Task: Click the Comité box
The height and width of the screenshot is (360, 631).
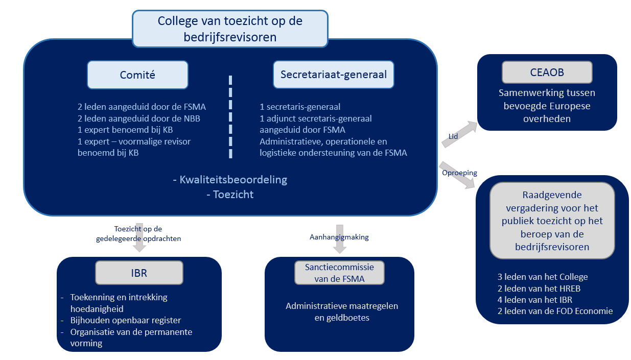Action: [137, 75]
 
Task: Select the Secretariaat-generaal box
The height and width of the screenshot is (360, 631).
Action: [334, 75]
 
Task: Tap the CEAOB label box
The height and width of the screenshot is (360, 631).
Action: [547, 73]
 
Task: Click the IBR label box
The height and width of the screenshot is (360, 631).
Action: [139, 273]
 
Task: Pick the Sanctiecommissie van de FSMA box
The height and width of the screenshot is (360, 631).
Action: [339, 273]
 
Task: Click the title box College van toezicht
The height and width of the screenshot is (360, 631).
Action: [230, 29]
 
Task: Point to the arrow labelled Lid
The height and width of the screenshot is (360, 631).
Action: [459, 134]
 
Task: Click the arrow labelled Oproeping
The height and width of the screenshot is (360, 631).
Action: [457, 175]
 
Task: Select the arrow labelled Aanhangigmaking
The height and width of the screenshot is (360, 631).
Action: [340, 239]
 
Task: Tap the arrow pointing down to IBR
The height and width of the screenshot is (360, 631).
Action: [139, 237]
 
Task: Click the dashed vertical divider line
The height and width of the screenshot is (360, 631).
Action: [230, 117]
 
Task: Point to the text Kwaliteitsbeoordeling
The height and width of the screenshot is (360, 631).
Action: [233, 180]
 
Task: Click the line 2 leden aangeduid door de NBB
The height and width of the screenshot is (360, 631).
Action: [139, 118]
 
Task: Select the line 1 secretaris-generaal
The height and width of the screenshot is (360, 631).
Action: [300, 107]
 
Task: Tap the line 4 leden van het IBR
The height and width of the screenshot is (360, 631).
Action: [535, 300]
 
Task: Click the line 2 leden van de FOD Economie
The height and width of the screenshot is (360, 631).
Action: [555, 311]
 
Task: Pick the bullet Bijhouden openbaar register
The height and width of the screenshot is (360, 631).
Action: [126, 320]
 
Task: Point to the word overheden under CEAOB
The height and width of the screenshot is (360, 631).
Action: [547, 119]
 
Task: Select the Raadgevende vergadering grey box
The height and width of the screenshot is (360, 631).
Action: [552, 221]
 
